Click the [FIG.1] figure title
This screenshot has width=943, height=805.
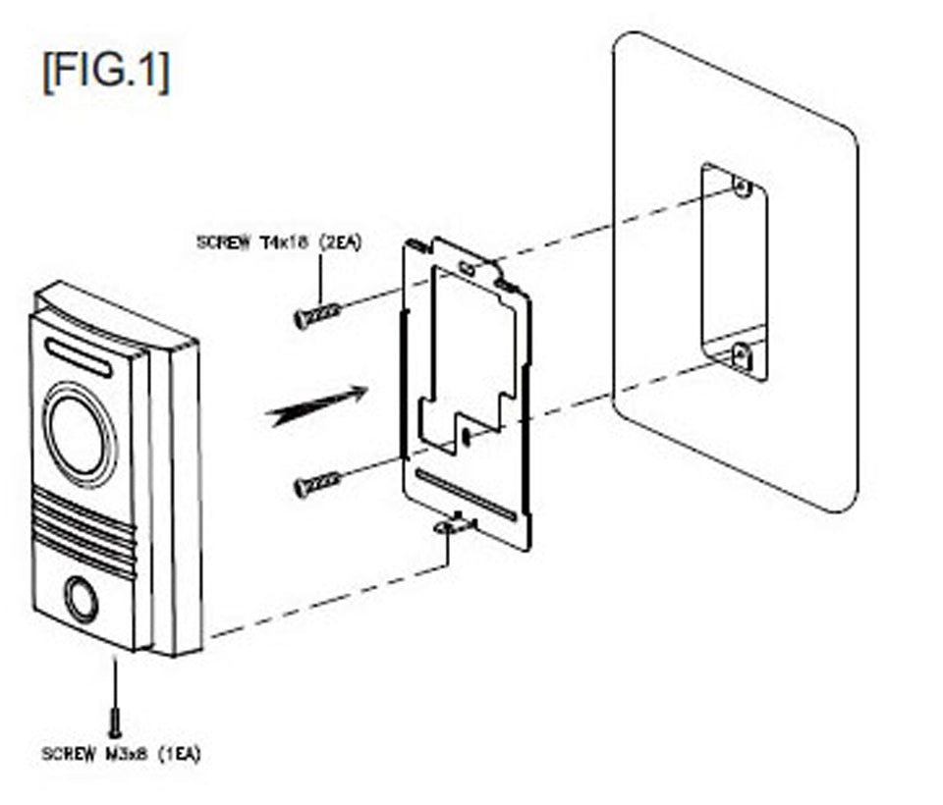[x=105, y=72]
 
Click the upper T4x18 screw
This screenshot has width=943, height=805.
[x=317, y=314]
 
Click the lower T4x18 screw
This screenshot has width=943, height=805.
[x=317, y=483]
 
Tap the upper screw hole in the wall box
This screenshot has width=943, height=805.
[x=743, y=187]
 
